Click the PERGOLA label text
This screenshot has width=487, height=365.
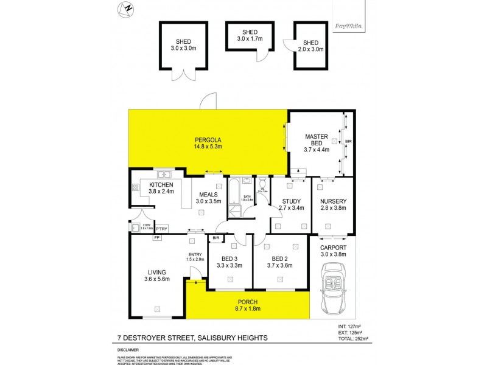[x=208, y=139]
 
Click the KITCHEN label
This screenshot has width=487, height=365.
[x=161, y=185]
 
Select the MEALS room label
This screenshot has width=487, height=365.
[x=208, y=194]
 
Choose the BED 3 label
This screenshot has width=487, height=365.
[x=230, y=261]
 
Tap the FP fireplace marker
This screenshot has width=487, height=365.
[x=156, y=238]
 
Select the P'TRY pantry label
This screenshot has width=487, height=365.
[x=161, y=229]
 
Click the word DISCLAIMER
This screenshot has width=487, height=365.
[x=129, y=350]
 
